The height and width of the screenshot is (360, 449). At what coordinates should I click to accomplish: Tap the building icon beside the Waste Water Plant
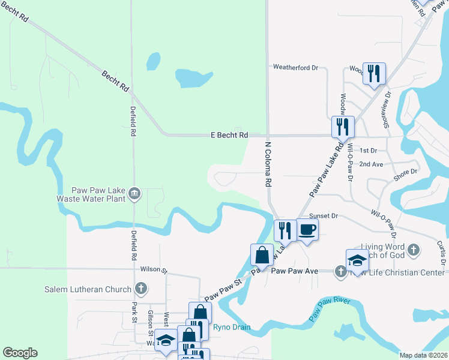(x=134, y=193)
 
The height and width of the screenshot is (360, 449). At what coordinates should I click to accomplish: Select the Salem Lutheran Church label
(x=88, y=289)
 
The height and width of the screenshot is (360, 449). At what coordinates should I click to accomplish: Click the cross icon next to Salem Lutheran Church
(x=140, y=289)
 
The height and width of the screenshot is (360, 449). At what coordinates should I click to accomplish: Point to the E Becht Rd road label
(x=229, y=136)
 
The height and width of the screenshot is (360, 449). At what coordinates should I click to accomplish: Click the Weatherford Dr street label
(x=295, y=68)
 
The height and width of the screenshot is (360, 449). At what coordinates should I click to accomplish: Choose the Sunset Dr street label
(x=324, y=216)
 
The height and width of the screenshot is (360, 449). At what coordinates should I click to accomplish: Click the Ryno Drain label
(x=232, y=327)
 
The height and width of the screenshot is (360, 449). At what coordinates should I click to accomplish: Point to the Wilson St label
(x=151, y=269)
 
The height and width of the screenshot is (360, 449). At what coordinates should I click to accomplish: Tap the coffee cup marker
(x=307, y=229)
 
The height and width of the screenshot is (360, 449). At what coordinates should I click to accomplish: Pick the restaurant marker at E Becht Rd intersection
(x=343, y=126)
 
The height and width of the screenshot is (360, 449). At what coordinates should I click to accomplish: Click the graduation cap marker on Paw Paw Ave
(x=357, y=260)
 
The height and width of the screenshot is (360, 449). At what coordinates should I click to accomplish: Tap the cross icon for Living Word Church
(x=413, y=249)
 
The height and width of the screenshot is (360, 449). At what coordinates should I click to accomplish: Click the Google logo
(x=20, y=353)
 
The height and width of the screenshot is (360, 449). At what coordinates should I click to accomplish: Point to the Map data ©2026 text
(x=423, y=355)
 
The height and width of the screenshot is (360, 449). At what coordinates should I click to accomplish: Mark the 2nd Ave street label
(x=371, y=164)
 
